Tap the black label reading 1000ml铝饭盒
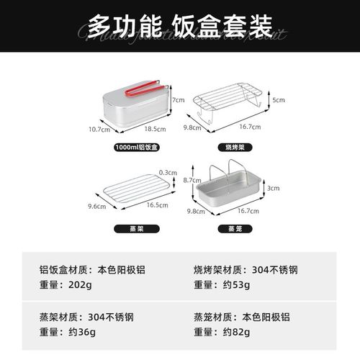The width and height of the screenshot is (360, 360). point(137,148)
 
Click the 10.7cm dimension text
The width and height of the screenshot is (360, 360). point(99,130)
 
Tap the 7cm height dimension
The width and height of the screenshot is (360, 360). point(179,100)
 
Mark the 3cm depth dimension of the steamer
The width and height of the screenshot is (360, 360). point(273,188)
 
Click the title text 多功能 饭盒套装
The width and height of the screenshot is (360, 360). point(179,27)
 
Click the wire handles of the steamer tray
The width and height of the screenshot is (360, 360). point(228,174)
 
